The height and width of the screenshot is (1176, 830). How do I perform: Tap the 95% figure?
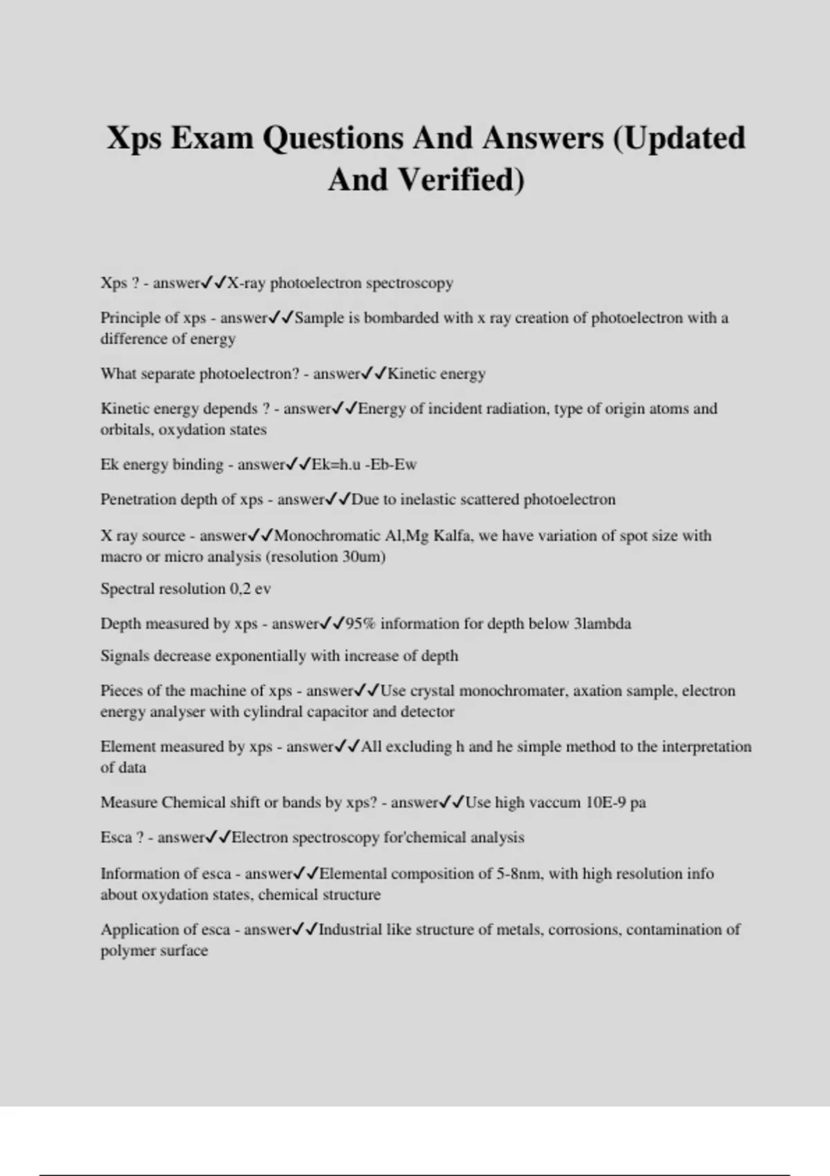click(360, 624)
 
